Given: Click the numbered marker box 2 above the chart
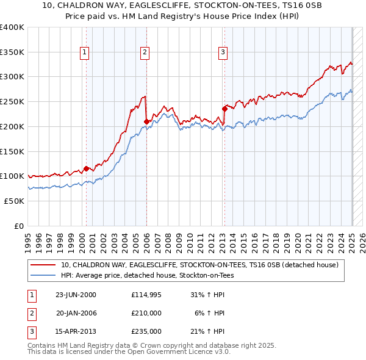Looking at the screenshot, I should (145, 53).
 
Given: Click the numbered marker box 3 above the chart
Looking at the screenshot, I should (223, 53).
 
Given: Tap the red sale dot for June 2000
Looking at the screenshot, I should (86, 168).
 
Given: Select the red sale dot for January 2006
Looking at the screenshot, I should (146, 121).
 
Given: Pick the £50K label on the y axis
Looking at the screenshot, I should (14, 201).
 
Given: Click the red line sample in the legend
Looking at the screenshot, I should (43, 265).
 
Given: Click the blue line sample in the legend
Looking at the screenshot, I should (43, 275).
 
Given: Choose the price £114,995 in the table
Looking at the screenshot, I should (146, 295).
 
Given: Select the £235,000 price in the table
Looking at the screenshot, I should (146, 331).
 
